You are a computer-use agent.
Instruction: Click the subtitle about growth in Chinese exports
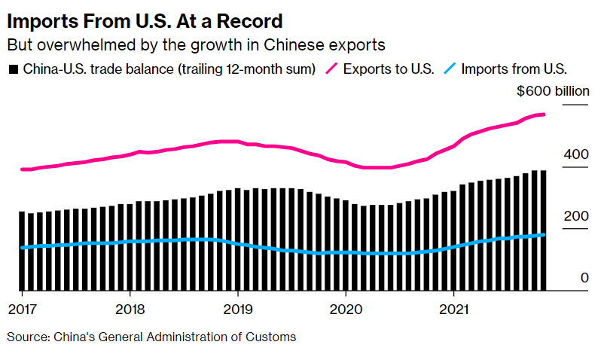[196, 43]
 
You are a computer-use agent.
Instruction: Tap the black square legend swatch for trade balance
[13, 69]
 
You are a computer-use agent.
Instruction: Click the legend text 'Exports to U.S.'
[389, 69]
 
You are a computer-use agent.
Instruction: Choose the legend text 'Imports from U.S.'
[514, 69]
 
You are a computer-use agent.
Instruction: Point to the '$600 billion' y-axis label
[553, 91]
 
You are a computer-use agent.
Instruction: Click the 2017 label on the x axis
[22, 309]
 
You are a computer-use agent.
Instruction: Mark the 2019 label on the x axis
[237, 309]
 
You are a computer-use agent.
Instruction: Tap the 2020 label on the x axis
[346, 309]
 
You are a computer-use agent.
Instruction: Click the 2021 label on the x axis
[453, 309]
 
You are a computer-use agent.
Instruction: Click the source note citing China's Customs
[151, 337]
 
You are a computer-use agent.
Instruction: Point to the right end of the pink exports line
[544, 114]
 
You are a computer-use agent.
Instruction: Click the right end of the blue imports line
[544, 235]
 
